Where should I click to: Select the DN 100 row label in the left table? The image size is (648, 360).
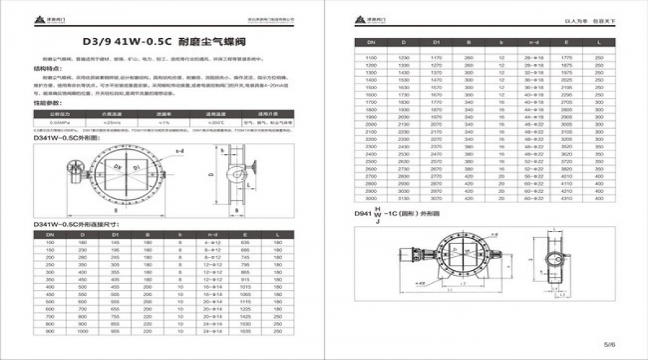pos(50,243)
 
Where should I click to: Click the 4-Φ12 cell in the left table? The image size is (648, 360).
pos(212,243)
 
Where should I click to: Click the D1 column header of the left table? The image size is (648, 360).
pos(114,234)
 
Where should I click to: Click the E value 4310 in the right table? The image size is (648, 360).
pos(567,198)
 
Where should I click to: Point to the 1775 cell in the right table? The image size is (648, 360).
pos(567,57)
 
